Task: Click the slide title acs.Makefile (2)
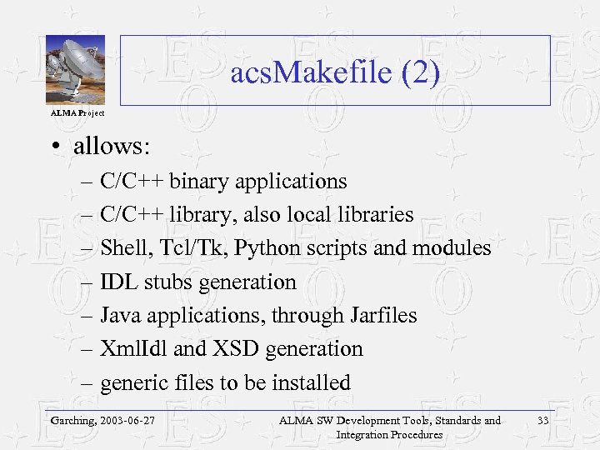click(x=335, y=74)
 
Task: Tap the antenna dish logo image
click(x=75, y=70)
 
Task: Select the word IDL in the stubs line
click(x=117, y=282)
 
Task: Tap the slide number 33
click(x=543, y=421)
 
